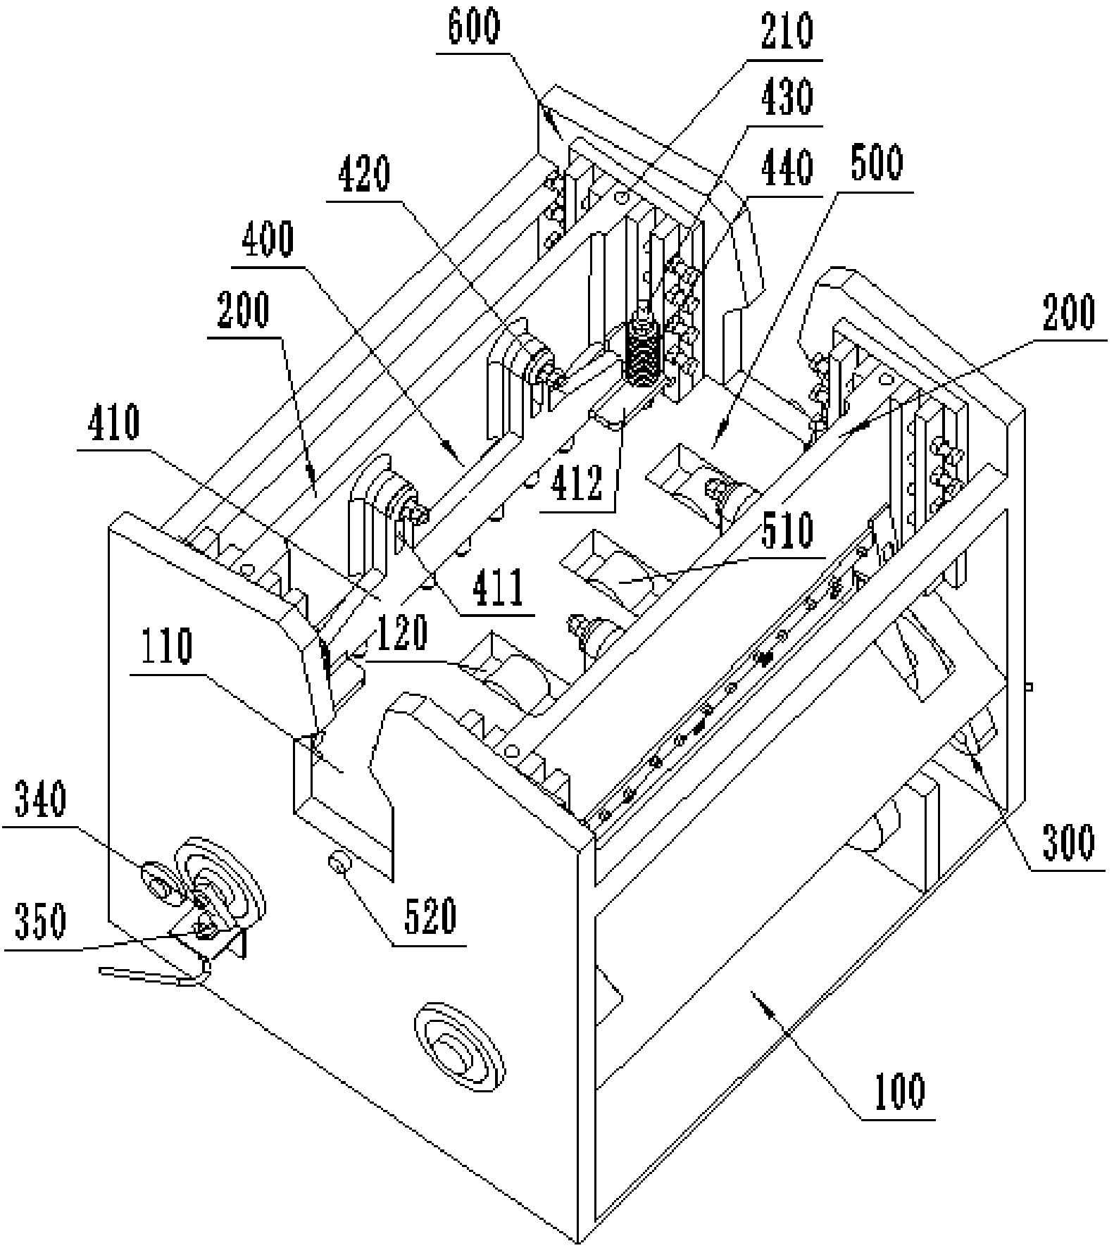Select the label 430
point(787,97)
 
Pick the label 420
point(364,173)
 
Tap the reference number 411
point(498,587)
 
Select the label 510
point(787,530)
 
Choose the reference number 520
point(430,915)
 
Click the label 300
point(1068,842)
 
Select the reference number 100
point(901,1090)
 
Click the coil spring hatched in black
point(642,354)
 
